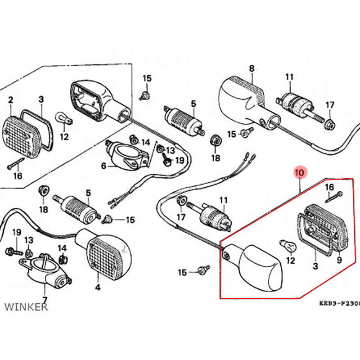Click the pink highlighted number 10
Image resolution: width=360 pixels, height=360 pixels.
(x=300, y=172)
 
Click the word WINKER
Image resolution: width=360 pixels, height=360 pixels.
(x=26, y=307)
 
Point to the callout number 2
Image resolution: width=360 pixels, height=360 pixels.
(x=10, y=100)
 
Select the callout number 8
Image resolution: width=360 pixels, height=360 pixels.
(x=252, y=69)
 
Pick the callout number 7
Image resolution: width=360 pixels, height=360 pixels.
(x=45, y=300)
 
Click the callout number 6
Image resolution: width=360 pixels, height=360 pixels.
(x=103, y=166)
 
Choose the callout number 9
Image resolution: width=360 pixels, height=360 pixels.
(x=339, y=260)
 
